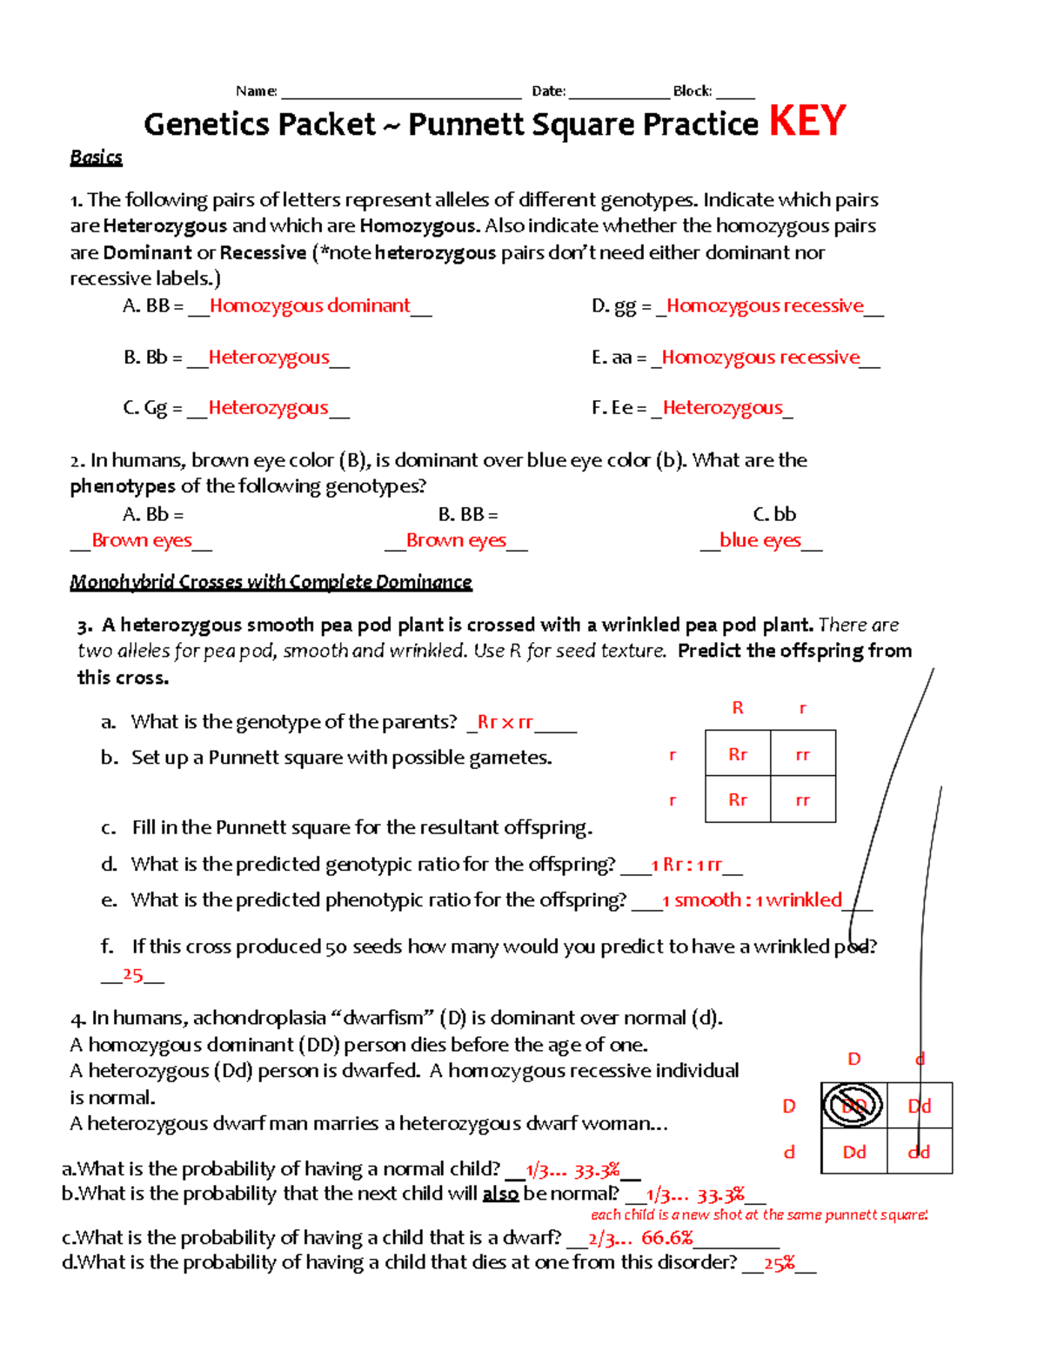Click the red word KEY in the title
pyautogui.click(x=806, y=121)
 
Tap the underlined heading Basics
pyautogui.click(x=96, y=157)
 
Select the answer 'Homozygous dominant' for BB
pyautogui.click(x=310, y=306)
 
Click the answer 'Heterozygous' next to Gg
pyautogui.click(x=268, y=408)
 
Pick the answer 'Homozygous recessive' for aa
pyautogui.click(x=760, y=358)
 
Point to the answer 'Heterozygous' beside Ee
pyautogui.click(x=722, y=408)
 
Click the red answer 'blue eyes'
pyautogui.click(x=760, y=540)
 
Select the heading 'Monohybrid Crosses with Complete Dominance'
pyautogui.click(x=271, y=582)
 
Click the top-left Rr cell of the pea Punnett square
pyautogui.click(x=738, y=754)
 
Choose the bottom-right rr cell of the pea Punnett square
pyautogui.click(x=802, y=800)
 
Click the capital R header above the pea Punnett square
pyautogui.click(x=738, y=708)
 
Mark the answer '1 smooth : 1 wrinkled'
pyautogui.click(x=752, y=900)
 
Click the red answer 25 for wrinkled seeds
pyautogui.click(x=132, y=975)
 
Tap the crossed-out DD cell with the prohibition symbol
pyautogui.click(x=853, y=1106)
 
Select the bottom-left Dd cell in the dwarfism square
pyautogui.click(x=853, y=1152)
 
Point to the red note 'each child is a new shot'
pyautogui.click(x=759, y=1214)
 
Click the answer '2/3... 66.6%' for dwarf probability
pyautogui.click(x=640, y=1238)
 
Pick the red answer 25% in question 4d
pyautogui.click(x=779, y=1264)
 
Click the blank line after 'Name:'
pyautogui.click(x=401, y=91)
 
